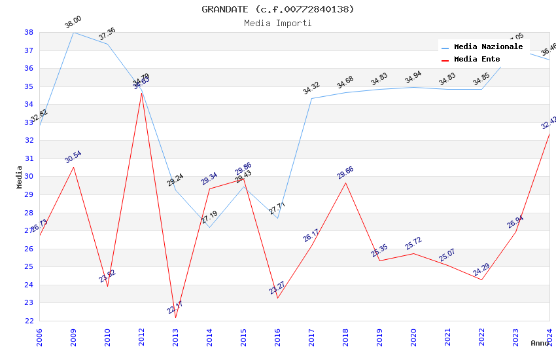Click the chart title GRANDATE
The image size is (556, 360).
click(x=277, y=9)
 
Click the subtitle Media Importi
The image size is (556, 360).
click(x=277, y=23)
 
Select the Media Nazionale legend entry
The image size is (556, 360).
click(x=488, y=47)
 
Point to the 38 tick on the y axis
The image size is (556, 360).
click(x=29, y=32)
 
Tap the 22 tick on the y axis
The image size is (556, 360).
click(x=29, y=321)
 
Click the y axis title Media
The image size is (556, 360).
click(x=20, y=177)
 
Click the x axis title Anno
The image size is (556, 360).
click(x=540, y=343)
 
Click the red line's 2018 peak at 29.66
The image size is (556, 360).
click(x=345, y=183)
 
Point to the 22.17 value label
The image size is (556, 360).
click(x=175, y=308)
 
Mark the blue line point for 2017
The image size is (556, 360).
click(x=311, y=99)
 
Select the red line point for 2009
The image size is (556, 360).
click(x=73, y=167)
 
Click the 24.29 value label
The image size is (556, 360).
click(x=481, y=270)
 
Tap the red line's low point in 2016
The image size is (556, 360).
click(x=277, y=298)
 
